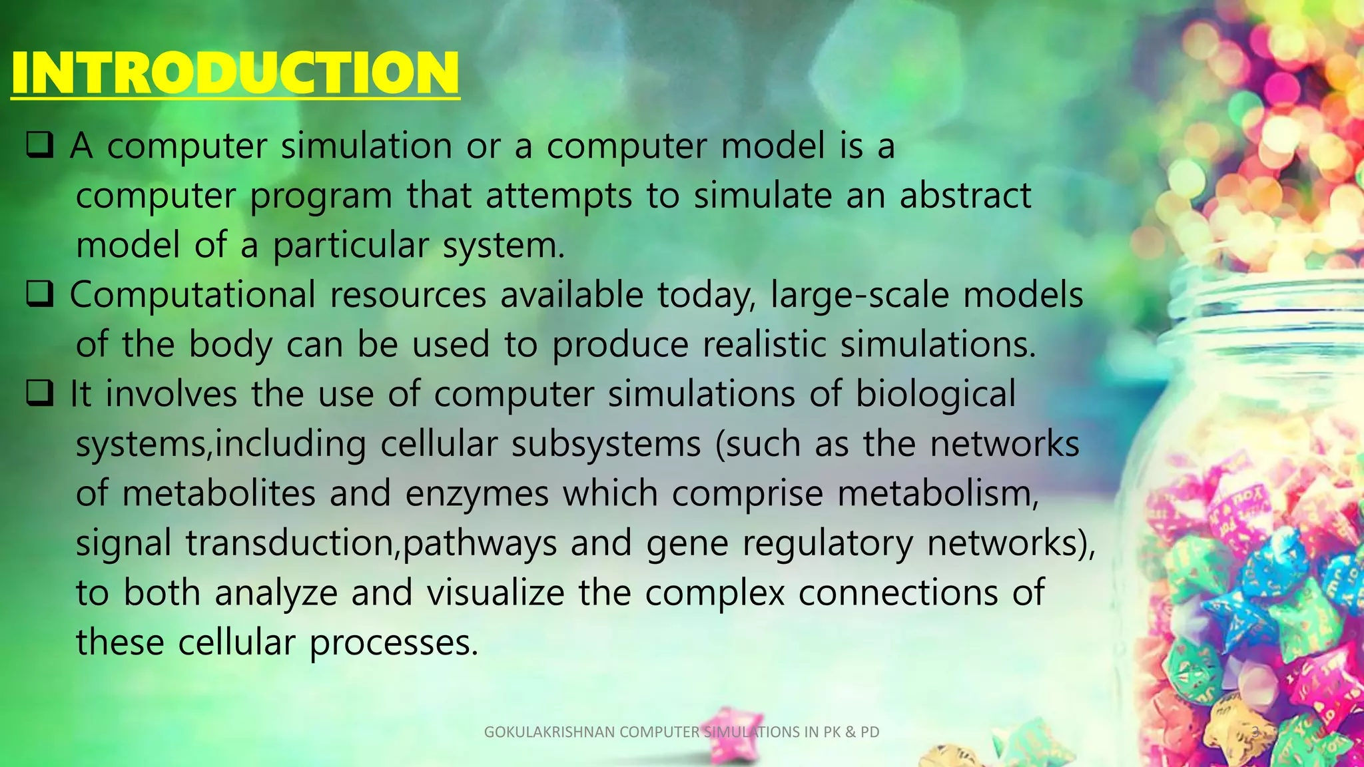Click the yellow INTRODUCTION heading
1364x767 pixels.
tap(234, 73)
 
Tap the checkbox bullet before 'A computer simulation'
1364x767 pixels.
tap(40, 145)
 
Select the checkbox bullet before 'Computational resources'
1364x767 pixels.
tap(40, 294)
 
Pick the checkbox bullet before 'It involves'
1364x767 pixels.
tap(40, 393)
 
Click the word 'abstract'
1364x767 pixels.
tap(965, 196)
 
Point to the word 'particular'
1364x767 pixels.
tap(350, 246)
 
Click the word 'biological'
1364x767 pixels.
tap(935, 394)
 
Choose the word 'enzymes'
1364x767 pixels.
tap(477, 494)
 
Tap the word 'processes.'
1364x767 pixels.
tap(394, 643)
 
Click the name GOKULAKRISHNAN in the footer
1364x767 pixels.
tap(549, 732)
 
